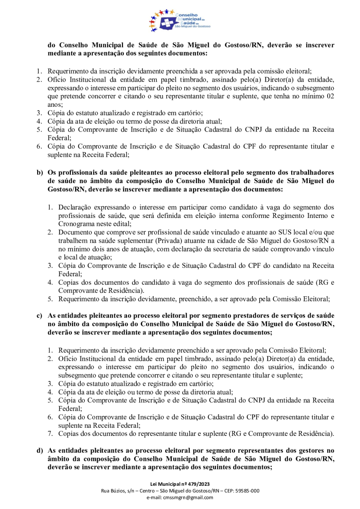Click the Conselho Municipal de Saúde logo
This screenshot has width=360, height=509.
tap(180, 20)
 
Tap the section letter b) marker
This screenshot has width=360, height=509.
tap(40, 173)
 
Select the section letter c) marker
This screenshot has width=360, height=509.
tap(40, 316)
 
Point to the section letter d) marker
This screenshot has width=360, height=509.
tap(40, 451)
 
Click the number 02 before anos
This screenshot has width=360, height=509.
tap(330, 96)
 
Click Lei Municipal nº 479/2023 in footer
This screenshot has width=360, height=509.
tap(180, 485)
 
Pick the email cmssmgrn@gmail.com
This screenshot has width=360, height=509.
tap(180, 497)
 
